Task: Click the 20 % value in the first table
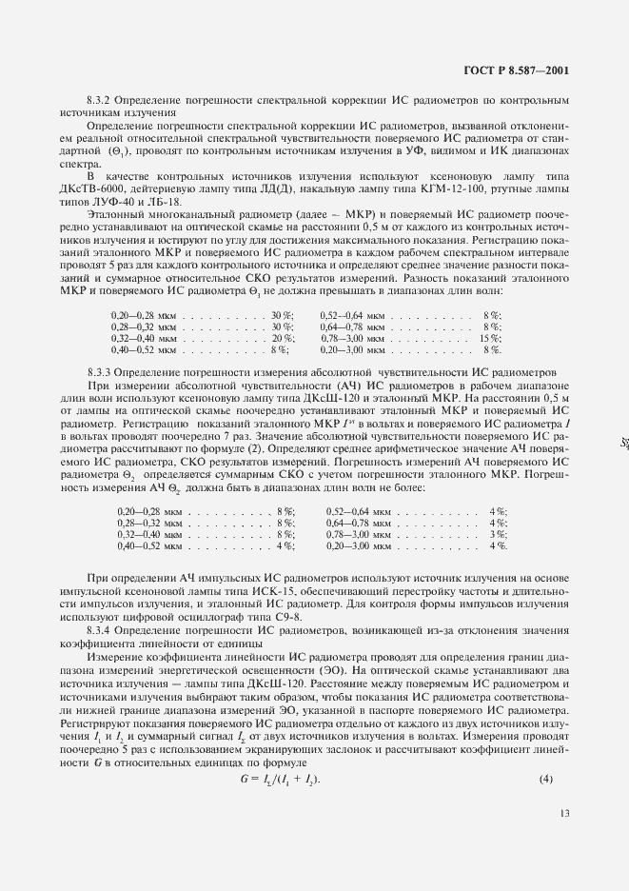(283, 338)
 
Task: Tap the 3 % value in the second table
(498, 536)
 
